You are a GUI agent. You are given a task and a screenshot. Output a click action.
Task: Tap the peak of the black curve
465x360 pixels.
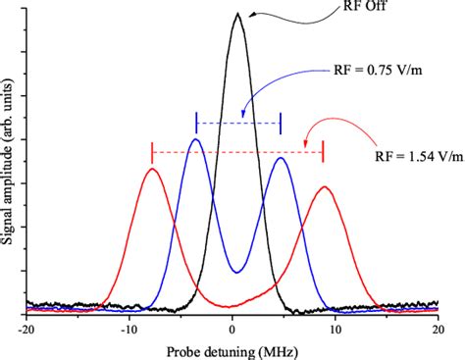click(x=236, y=14)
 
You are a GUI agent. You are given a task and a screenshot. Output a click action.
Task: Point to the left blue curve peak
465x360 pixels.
click(x=195, y=139)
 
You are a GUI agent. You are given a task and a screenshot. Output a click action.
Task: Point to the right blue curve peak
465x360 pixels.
click(x=282, y=158)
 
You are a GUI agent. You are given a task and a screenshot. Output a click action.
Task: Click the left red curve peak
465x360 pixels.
click(x=152, y=169)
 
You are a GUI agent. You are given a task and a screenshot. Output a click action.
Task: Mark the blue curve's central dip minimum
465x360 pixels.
click(x=235, y=272)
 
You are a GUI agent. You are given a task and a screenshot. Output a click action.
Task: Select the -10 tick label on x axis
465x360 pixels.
click(x=128, y=330)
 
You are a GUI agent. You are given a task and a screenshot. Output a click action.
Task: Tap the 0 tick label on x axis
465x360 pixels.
click(x=232, y=330)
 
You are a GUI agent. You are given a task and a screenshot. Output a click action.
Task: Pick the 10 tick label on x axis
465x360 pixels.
click(x=336, y=330)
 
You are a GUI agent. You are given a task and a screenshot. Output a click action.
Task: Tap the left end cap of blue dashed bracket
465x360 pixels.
click(x=197, y=123)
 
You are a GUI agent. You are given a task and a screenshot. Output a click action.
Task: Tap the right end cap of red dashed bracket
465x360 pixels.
click(x=324, y=152)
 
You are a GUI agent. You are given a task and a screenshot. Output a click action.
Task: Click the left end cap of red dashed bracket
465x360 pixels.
click(x=152, y=152)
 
